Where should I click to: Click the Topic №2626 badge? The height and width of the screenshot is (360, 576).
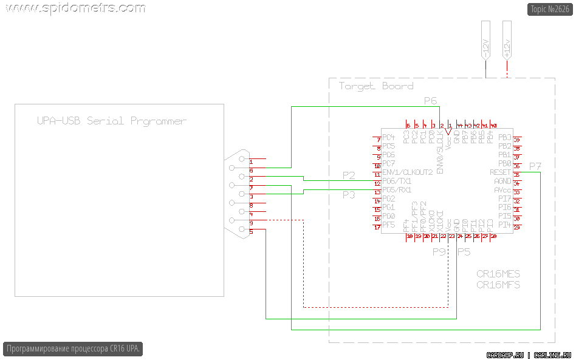point(550,9)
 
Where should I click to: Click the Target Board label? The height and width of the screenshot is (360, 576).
point(376,86)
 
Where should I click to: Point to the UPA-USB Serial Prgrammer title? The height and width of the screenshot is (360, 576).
point(111,121)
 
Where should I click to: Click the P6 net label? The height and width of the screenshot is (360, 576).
point(430,100)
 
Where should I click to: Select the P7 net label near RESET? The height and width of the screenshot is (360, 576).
point(535,166)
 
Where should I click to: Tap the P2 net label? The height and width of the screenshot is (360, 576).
point(348,175)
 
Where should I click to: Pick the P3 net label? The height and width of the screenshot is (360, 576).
point(348,195)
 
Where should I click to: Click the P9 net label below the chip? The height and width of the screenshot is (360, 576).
point(439,252)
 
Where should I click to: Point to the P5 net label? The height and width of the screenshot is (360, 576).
point(464,252)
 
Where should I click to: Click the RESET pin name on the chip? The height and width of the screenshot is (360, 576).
point(501,172)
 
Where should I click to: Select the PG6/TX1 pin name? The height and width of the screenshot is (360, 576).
point(397,182)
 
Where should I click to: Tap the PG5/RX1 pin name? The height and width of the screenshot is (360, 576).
point(397,190)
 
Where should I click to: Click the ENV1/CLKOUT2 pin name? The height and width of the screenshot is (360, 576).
point(407,172)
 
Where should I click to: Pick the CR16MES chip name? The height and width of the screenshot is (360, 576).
point(498,274)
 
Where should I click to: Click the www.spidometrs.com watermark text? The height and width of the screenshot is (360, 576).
point(74,8)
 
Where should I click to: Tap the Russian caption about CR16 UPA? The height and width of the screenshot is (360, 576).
point(73,349)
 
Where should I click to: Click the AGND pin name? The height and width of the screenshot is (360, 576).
point(502,182)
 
